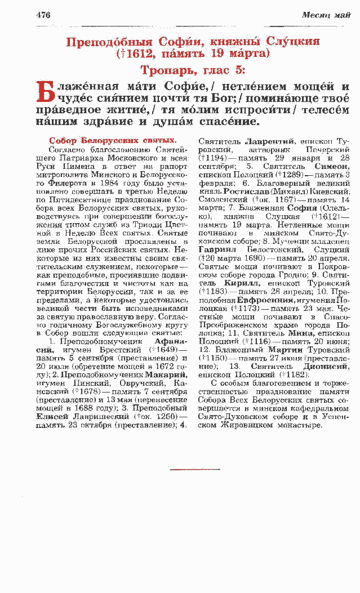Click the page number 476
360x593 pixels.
43,15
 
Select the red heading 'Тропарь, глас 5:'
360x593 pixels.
193,70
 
